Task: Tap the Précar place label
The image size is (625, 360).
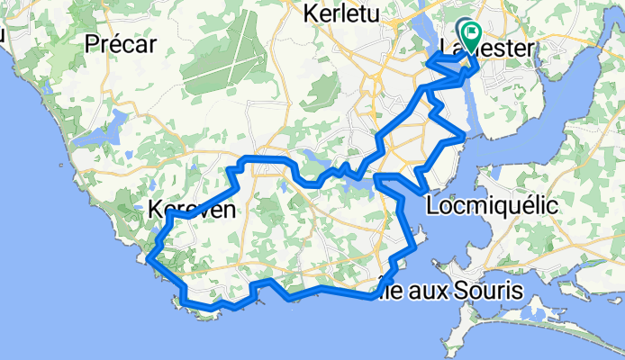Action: pos(122,42)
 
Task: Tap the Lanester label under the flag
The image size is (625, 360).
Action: pos(487,49)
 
